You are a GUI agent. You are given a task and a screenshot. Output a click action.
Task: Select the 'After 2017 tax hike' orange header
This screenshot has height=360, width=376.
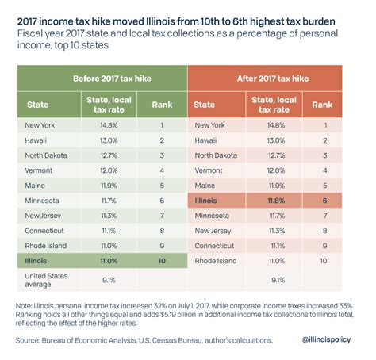point(272,79)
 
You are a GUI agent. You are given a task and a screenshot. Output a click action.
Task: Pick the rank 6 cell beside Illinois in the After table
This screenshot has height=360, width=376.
point(323,201)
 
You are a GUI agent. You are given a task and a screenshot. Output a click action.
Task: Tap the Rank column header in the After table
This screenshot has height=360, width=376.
point(323,104)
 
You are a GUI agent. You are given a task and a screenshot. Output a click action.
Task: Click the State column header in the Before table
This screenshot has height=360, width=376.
point(38,104)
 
